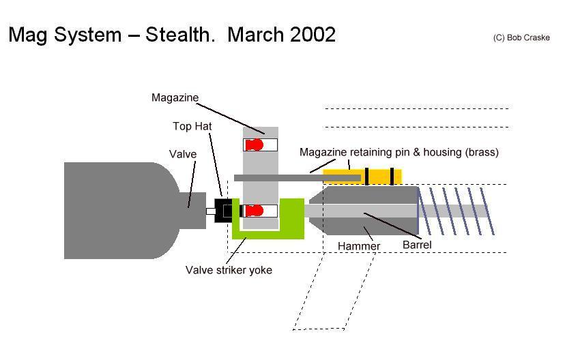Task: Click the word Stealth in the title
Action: [179, 34]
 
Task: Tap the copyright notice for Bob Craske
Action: [521, 38]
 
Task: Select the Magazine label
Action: [175, 97]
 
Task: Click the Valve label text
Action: [183, 154]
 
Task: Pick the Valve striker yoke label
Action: [229, 270]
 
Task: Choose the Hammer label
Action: [359, 245]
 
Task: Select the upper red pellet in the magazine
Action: [255, 145]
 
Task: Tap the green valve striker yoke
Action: [269, 232]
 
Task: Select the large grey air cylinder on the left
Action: [116, 210]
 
